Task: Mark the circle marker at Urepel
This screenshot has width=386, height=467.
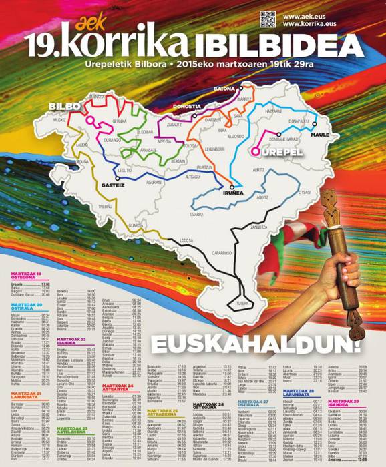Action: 254,152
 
